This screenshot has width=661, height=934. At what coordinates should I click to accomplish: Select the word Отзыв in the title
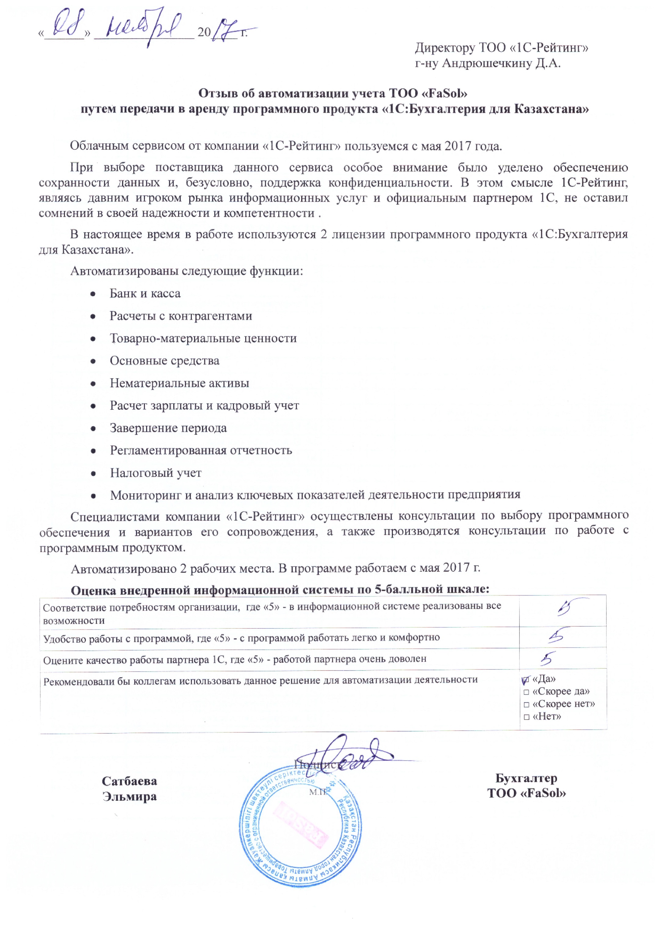[x=217, y=94]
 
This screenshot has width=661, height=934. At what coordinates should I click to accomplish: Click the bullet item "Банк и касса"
[x=145, y=294]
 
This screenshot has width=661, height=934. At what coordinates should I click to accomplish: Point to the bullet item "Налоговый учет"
[x=156, y=473]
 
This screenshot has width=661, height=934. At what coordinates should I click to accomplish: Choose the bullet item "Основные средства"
[x=164, y=361]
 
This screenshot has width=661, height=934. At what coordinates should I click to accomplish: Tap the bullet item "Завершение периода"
[x=168, y=428]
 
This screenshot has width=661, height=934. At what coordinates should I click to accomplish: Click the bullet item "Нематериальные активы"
[x=179, y=383]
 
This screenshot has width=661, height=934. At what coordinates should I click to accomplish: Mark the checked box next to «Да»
[x=526, y=680]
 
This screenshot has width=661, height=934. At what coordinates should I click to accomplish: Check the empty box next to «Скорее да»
[x=526, y=692]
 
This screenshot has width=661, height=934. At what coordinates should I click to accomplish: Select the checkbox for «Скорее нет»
[x=526, y=705]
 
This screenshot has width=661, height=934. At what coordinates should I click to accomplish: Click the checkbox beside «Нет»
[x=526, y=717]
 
